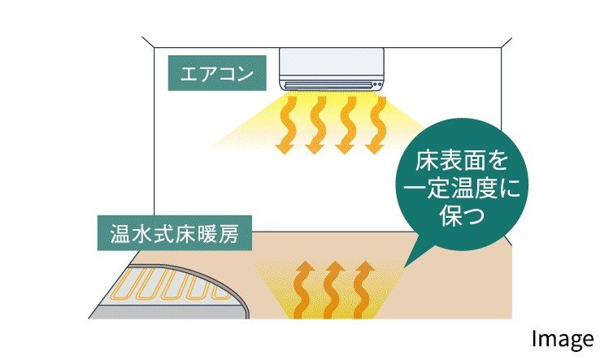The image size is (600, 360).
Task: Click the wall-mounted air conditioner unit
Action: (332, 68)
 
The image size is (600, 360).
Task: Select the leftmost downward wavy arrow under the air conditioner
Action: (285, 124)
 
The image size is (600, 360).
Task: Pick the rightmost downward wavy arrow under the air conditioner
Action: (377, 124)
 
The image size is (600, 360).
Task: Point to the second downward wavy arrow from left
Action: (315, 124)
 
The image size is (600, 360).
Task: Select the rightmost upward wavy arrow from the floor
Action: (363, 290)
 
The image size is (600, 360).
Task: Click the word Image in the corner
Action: (563, 340)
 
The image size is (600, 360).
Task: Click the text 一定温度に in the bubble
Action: (461, 189)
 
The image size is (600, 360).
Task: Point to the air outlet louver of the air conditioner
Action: (332, 84)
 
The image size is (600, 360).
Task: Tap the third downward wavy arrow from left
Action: (347, 124)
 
